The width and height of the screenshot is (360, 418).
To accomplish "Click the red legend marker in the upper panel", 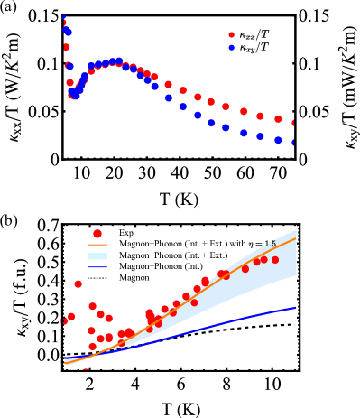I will point(232,35).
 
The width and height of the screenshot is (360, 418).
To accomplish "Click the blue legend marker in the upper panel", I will point(232,48).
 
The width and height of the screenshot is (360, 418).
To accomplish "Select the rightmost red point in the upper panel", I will point(294,123).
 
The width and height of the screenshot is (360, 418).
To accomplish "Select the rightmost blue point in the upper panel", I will point(294,143).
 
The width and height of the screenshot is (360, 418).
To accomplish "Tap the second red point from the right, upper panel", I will point(278,119).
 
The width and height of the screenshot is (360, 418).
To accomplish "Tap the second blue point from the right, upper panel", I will point(278,140).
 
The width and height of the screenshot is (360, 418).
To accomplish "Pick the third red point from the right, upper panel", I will point(260,116).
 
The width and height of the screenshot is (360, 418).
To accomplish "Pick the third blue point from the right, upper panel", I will point(260,136).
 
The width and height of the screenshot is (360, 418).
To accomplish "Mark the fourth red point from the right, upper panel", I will point(244,111).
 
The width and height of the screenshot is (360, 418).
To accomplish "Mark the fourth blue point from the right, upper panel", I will point(244,133).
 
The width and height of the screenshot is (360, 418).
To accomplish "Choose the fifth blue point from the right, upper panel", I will point(226,127).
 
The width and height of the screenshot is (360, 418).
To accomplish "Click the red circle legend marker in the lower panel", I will point(97,234).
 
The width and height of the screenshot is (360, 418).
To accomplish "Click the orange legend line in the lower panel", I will point(97,245).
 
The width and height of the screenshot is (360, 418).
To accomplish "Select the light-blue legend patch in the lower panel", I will point(97,256).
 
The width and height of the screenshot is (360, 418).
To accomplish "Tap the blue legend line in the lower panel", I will point(97,267).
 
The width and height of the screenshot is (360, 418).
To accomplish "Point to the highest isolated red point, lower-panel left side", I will point(78,283).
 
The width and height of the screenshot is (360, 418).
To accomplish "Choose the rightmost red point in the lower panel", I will point(275,260).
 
